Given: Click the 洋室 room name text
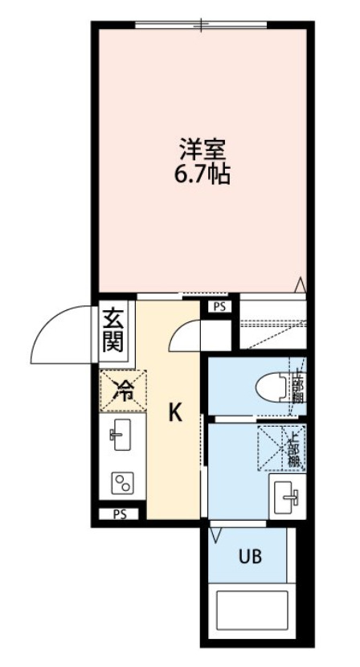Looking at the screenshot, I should point(202,150).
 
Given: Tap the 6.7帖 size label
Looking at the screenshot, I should point(202,174).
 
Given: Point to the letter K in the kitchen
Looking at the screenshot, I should point(174,413).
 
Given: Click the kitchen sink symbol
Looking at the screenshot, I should point(121,436).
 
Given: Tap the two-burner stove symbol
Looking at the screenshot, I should point(123,484).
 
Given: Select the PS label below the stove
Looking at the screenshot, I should point(118,514).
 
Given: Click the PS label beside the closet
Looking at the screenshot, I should point(219,306).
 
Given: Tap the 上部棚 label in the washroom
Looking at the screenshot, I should point(294,449).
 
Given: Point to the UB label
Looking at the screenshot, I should point(248,554).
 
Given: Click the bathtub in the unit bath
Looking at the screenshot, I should point(252,610).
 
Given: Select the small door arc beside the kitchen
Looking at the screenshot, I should point(183,335).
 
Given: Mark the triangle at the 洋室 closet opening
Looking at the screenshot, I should point(299,284).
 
